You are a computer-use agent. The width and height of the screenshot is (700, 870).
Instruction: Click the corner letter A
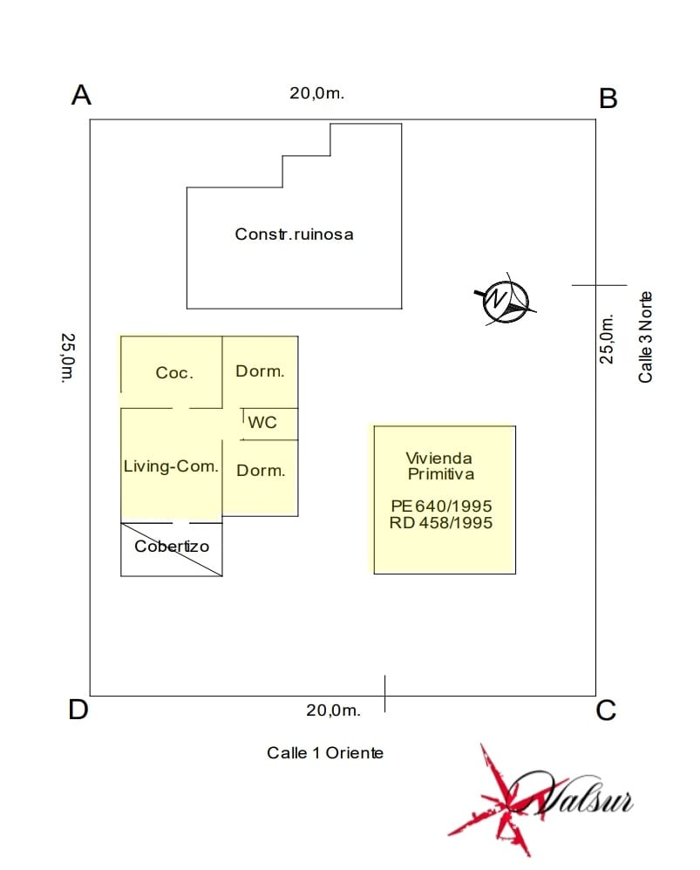(81, 95)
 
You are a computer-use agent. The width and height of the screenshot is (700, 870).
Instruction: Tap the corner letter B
(608, 99)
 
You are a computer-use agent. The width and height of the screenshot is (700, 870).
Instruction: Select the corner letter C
(606, 711)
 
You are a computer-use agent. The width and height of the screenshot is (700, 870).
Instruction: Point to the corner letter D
(78, 710)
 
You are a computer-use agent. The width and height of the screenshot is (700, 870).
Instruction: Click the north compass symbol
(504, 301)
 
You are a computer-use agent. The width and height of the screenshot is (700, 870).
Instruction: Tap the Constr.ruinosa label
(294, 234)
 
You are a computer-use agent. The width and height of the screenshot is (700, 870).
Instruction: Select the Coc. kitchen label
(173, 373)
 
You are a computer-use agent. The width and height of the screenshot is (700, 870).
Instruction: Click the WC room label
(262, 422)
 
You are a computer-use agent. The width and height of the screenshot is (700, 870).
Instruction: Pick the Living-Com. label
(171, 466)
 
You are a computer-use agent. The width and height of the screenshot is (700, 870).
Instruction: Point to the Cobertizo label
(172, 547)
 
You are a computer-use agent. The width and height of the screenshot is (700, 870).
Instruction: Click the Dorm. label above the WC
(260, 371)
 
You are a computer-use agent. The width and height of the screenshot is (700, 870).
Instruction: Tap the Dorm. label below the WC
(261, 471)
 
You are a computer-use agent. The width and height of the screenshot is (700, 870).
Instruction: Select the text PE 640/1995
(442, 506)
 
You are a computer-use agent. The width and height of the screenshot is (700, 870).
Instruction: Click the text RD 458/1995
(442, 523)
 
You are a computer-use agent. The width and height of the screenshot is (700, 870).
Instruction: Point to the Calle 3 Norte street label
(645, 336)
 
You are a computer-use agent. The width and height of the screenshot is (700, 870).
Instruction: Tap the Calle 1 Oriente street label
(325, 752)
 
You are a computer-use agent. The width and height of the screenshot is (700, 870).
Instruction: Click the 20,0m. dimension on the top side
(317, 94)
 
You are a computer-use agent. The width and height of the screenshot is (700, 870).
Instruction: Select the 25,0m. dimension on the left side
(67, 357)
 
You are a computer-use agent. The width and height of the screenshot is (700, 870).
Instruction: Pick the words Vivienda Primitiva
(439, 466)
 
